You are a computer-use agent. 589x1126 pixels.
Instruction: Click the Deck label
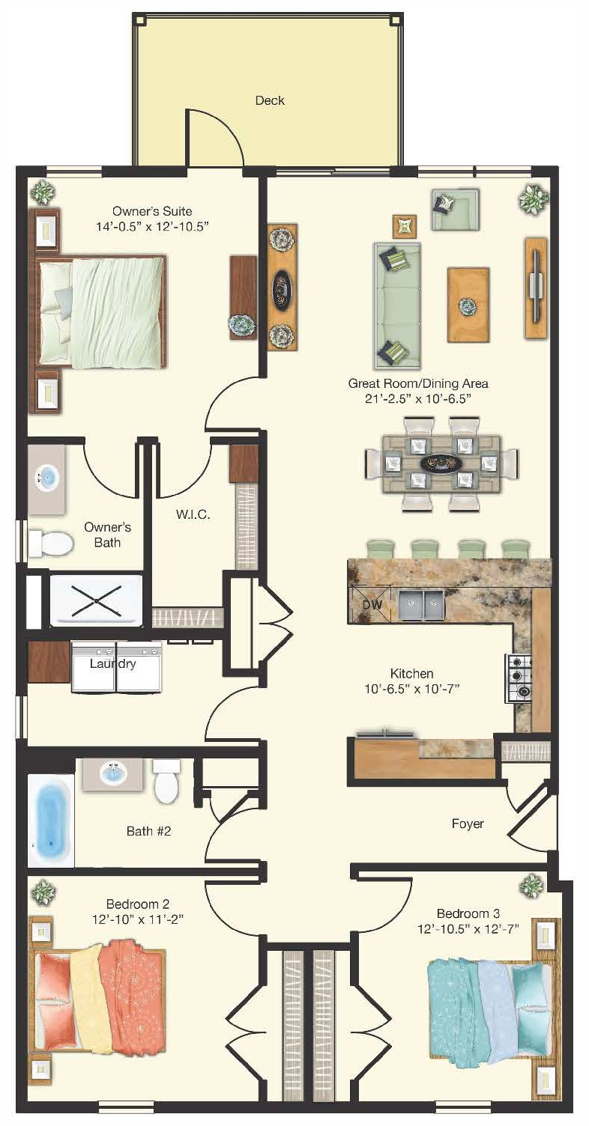(270, 100)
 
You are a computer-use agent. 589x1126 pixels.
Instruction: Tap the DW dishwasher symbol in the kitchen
(370, 603)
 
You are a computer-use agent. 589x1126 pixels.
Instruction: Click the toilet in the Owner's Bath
(50, 543)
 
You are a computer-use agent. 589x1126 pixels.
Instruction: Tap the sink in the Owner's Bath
(46, 477)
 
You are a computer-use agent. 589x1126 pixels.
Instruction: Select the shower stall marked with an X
(96, 600)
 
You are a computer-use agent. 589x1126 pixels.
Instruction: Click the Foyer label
(468, 824)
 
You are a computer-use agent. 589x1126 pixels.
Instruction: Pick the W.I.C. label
(193, 515)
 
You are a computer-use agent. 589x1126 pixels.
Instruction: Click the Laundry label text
(112, 663)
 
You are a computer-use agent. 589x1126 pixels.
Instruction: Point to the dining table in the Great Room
(441, 463)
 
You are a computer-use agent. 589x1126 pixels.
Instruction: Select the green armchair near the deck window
(454, 208)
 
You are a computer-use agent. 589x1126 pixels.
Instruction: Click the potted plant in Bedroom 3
(531, 888)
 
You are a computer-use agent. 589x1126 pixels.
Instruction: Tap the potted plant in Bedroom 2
(43, 892)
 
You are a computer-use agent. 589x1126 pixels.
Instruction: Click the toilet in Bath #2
(166, 780)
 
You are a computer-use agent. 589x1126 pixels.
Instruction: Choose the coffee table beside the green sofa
(468, 305)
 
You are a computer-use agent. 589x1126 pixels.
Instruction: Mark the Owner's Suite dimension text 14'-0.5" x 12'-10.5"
(160, 226)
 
